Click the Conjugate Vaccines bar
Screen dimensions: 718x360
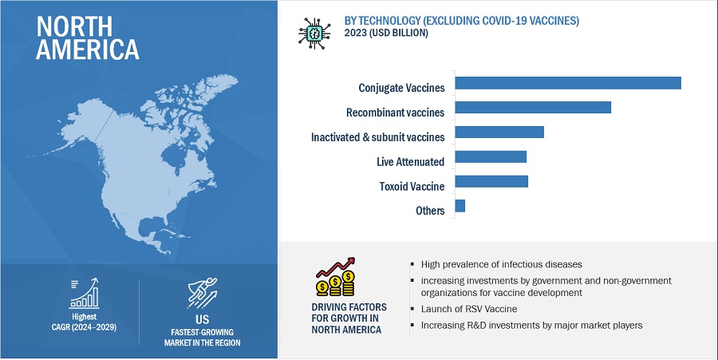coord(568,83)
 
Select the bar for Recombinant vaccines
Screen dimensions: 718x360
coord(533,107)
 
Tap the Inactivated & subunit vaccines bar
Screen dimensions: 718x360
coord(499,132)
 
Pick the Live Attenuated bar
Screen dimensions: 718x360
coord(491,156)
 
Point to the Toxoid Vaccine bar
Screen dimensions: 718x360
coord(491,181)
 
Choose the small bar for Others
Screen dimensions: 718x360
coord(460,206)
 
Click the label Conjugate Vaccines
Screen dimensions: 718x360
coord(401,88)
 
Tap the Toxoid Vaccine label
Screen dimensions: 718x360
coord(412,187)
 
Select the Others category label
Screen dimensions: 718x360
coord(431,211)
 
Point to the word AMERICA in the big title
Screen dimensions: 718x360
coord(88,49)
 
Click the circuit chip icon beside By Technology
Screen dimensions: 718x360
coord(314,34)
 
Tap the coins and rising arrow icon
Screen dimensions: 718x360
coord(336,277)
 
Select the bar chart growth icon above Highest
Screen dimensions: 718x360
coord(84,293)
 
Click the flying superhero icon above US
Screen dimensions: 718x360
coord(203,293)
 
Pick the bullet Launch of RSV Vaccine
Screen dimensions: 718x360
coord(469,309)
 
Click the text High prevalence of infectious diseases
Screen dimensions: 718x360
coord(502,264)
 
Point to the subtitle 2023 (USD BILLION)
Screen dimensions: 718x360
coord(386,34)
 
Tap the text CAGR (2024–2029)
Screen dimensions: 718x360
coord(84,327)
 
